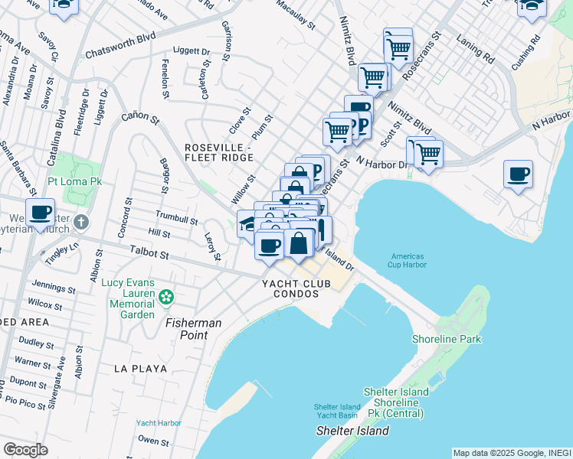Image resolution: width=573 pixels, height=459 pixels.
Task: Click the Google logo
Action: click(x=25, y=450)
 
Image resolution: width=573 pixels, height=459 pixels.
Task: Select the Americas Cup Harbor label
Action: click(x=408, y=261)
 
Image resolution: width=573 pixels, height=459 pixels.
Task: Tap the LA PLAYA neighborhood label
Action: click(x=140, y=368)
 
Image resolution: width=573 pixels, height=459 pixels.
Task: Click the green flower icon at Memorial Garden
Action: click(x=165, y=297)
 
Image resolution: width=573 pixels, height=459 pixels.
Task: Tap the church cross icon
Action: click(x=83, y=222)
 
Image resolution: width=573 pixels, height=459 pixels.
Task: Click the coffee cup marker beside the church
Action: click(x=40, y=211)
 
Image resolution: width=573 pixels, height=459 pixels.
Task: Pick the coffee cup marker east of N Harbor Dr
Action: click(x=518, y=174)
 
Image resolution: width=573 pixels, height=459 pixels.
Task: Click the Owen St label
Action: click(x=153, y=441)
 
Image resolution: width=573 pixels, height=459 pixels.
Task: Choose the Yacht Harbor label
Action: click(x=159, y=422)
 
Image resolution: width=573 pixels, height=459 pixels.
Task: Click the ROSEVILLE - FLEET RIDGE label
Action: click(x=218, y=151)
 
